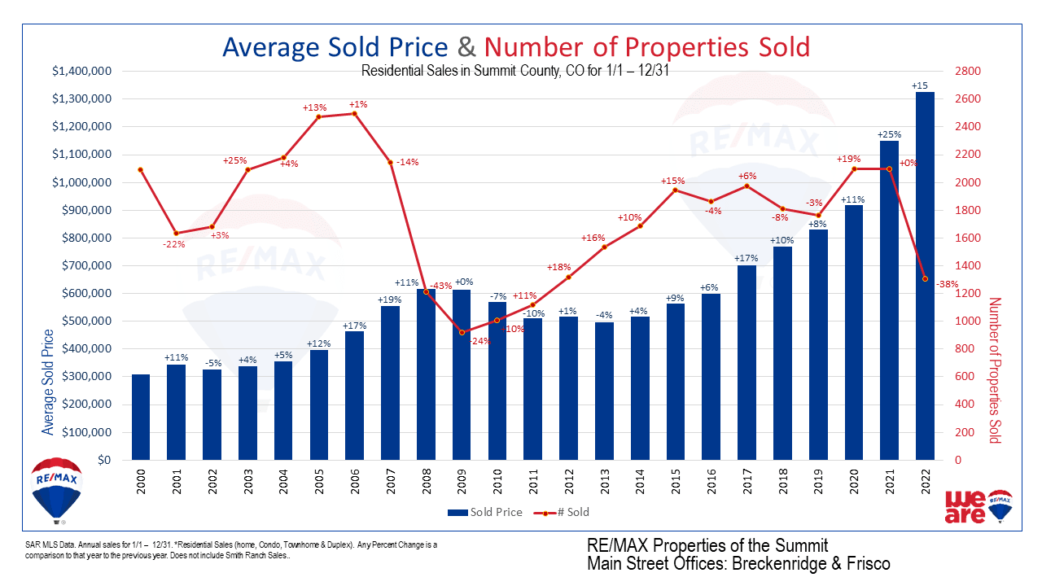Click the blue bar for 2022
[x=924, y=277]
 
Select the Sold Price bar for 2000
[x=140, y=417]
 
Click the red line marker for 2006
[x=354, y=114]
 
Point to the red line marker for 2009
[x=462, y=332]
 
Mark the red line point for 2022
[x=925, y=279]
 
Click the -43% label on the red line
[x=440, y=286]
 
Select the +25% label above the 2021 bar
[x=889, y=134]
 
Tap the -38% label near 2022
[x=947, y=285]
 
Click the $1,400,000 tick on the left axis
[x=81, y=72]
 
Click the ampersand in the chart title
[x=466, y=46]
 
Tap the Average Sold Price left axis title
[x=48, y=381]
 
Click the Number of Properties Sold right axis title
[x=994, y=370]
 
